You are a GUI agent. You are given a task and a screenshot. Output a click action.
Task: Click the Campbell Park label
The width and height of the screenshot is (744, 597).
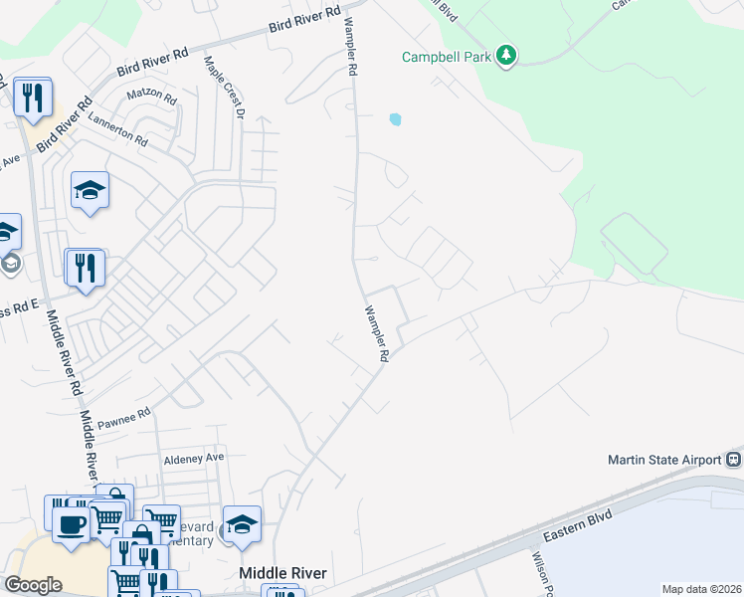tap(447, 57)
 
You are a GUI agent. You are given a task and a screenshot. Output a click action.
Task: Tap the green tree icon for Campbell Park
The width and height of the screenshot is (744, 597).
tap(506, 55)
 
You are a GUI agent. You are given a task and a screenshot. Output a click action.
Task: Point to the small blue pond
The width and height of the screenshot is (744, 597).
tap(396, 119)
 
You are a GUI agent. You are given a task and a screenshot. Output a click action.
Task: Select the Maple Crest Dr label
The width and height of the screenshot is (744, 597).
tap(225, 88)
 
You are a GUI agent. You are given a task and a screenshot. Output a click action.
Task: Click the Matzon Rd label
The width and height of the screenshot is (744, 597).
tap(151, 99)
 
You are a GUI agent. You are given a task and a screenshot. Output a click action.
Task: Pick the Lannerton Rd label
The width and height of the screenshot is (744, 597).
tap(117, 129)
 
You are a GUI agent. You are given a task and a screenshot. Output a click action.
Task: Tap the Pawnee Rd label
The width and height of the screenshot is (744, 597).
tap(123, 413)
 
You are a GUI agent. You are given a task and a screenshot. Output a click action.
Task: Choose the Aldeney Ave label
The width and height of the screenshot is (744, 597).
tap(195, 458)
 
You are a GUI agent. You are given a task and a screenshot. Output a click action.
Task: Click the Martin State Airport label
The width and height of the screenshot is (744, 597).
tap(664, 460)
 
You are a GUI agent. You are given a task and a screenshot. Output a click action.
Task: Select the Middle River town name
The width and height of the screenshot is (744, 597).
tap(282, 574)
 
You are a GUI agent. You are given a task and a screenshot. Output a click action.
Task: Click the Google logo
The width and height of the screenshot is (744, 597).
tap(33, 585)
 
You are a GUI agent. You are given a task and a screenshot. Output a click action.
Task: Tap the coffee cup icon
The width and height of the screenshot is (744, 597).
tap(70, 524)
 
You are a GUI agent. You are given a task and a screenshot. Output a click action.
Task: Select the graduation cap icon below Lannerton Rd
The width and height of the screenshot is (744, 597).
tap(90, 189)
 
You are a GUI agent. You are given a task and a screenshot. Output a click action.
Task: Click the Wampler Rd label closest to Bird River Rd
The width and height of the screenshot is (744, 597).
tap(350, 48)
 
